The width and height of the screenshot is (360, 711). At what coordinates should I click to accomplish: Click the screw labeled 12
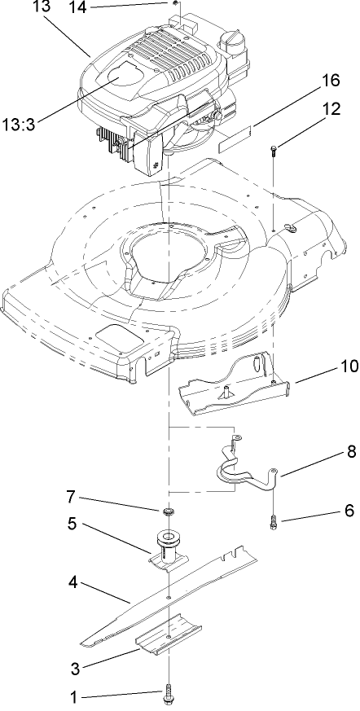273,148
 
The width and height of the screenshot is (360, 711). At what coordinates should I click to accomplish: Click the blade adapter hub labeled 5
167,544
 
